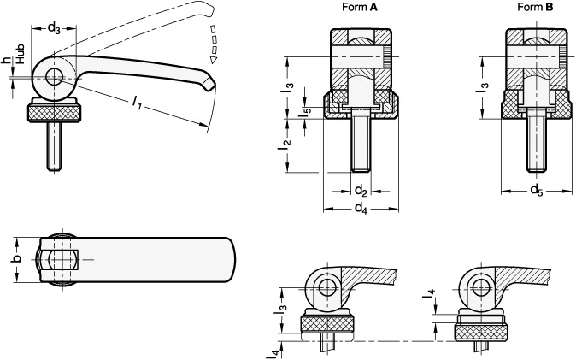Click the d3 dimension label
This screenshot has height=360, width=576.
point(54,27)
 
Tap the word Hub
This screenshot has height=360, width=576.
point(20,54)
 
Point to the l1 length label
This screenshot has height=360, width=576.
point(137,103)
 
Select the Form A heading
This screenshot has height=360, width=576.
point(360,7)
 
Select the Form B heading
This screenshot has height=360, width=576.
point(535,7)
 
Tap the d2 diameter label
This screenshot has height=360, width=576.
point(361,191)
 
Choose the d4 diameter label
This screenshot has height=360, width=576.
point(361,208)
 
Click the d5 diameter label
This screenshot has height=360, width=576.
point(537,190)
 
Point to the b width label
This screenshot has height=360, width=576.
point(16,259)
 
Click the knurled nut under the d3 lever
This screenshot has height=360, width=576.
point(55,113)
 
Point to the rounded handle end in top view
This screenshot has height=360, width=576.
point(232,260)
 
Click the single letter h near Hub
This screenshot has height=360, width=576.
point(6,61)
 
